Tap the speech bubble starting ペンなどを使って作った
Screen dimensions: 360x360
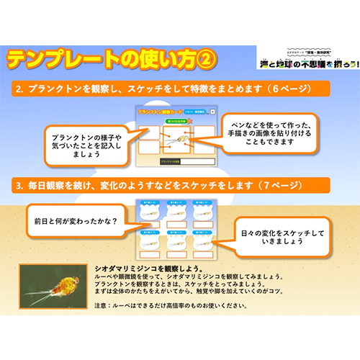coord(264,131)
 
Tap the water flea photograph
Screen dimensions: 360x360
coord(55,287)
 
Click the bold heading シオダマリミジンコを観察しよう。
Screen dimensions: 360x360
coord(151,268)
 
